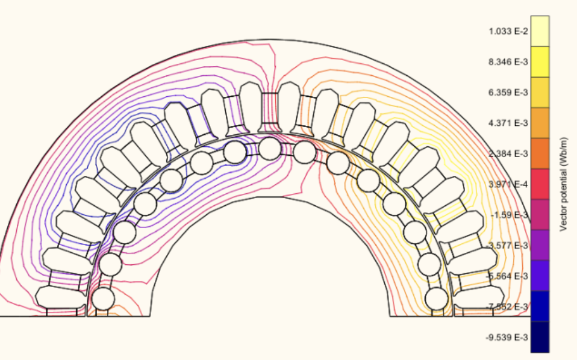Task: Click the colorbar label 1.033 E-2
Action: click(x=508, y=31)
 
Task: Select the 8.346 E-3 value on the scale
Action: click(x=508, y=62)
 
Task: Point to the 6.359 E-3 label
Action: click(x=508, y=92)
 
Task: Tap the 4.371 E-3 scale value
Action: click(x=508, y=123)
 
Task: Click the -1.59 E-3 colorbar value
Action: click(x=510, y=215)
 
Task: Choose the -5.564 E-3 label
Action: click(x=507, y=276)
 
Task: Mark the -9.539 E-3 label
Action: click(x=507, y=337)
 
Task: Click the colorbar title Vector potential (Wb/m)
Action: click(x=563, y=184)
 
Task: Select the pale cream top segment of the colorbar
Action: click(x=540, y=31)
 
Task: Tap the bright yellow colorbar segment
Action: click(x=540, y=62)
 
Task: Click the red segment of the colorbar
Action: click(x=540, y=184)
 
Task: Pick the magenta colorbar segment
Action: click(x=540, y=215)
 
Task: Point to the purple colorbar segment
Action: click(x=540, y=245)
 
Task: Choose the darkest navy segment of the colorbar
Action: click(x=540, y=337)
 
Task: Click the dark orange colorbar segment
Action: click(x=540, y=154)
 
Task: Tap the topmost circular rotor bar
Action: click(x=270, y=149)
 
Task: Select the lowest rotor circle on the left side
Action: click(x=103, y=299)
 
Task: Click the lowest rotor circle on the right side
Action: click(x=437, y=299)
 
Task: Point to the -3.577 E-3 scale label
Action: click(x=507, y=245)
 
